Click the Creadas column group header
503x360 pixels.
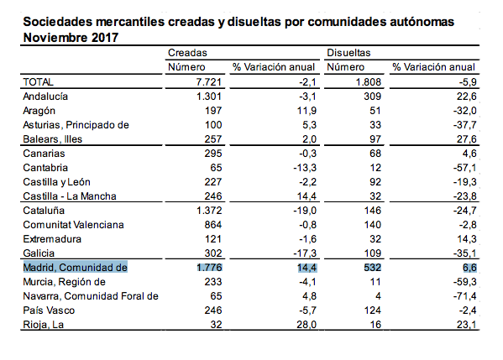[x=187, y=53]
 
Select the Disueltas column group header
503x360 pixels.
[x=348, y=53]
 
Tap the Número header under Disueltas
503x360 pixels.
[x=345, y=67]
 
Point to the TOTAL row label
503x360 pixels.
[x=38, y=82]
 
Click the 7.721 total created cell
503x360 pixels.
[x=209, y=82]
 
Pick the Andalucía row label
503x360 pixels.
[x=45, y=97]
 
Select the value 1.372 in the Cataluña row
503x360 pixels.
[x=209, y=211]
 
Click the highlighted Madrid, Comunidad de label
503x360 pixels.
[x=75, y=268]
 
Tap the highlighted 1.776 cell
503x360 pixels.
[x=209, y=268]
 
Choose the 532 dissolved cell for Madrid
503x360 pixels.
[x=373, y=268]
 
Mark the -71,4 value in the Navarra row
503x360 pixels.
[x=465, y=296]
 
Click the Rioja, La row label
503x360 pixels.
[x=44, y=325]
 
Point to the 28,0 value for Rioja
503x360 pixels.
[x=307, y=325]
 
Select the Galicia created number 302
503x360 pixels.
[x=213, y=253]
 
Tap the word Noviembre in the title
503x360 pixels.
[x=55, y=38]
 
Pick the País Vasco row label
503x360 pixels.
[x=49, y=310]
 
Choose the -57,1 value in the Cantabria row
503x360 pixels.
[x=465, y=168]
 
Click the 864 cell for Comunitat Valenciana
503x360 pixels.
[x=213, y=225]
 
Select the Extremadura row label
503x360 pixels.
[x=52, y=239]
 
